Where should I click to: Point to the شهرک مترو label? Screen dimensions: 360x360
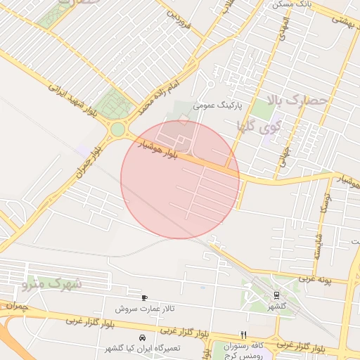pos(52,285)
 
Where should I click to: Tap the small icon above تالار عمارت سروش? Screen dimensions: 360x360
pos(144,298)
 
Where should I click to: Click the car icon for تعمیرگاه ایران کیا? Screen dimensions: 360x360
pos(143,337)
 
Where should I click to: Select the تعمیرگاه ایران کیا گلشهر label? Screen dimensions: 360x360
pos(143,348)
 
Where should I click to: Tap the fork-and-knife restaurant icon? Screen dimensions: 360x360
pos(243,335)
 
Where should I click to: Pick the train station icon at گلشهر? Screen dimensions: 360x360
pos(276,296)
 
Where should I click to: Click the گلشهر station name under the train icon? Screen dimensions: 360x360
pos(276,307)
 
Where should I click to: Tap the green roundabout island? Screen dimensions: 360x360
pos(117,129)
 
